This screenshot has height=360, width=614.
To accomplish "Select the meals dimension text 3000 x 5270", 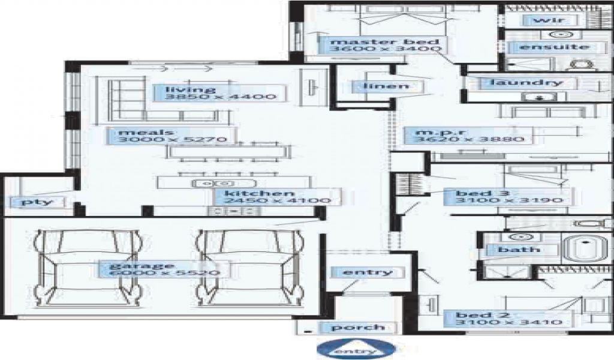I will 171,140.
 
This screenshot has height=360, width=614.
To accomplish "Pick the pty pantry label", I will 37,202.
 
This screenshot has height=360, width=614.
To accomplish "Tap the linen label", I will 386,86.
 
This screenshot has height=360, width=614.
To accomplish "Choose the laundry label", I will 526,82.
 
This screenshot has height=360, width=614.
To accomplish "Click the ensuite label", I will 546,47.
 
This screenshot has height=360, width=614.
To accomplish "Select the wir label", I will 545,20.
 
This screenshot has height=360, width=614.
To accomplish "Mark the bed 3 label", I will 474,193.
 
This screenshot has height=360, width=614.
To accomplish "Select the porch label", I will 359,327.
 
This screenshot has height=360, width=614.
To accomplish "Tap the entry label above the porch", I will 368,272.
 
